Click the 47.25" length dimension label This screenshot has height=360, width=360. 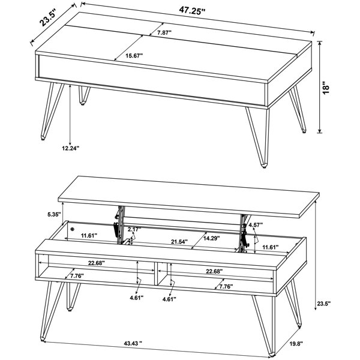pyautogui.click(x=192, y=11)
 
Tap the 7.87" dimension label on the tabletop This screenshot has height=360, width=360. pyautogui.click(x=164, y=32)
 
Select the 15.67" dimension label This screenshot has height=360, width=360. pyautogui.click(x=134, y=56)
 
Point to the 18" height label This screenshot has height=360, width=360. pyautogui.click(x=326, y=87)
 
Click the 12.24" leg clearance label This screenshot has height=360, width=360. pyautogui.click(x=70, y=148)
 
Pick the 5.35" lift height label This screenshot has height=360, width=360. pyautogui.click(x=54, y=214)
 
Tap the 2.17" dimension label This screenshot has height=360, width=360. pyautogui.click(x=134, y=229)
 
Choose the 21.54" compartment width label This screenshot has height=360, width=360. pyautogui.click(x=179, y=242)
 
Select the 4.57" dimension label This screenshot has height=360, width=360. pyautogui.click(x=256, y=225)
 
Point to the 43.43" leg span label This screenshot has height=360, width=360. pyautogui.click(x=133, y=343)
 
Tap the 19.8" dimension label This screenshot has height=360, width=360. pyautogui.click(x=296, y=343)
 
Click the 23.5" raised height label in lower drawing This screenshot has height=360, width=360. pyautogui.click(x=324, y=304)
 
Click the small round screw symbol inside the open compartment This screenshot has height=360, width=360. pyautogui.click(x=73, y=229)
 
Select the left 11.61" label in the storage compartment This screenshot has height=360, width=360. pyautogui.click(x=89, y=235)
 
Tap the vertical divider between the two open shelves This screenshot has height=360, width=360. pyautogui.click(x=156, y=274)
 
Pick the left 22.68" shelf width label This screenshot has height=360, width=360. pyautogui.click(x=97, y=263)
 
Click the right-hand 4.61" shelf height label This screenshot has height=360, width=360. pyautogui.click(x=169, y=299)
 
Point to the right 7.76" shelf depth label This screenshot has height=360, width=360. pyautogui.click(x=226, y=286)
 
